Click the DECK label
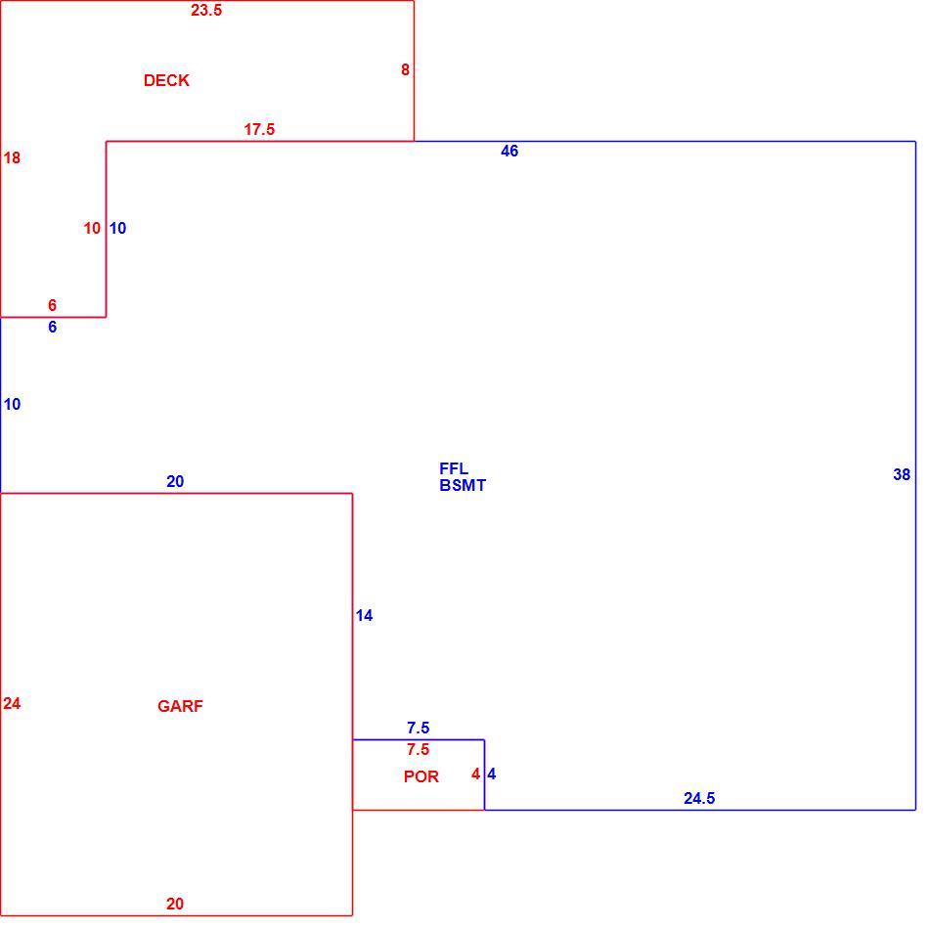(x=166, y=80)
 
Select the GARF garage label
(x=180, y=706)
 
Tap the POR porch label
(x=421, y=776)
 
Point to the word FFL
(x=454, y=468)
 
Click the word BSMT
(x=463, y=485)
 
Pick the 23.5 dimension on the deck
(x=206, y=10)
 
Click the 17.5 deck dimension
(x=259, y=129)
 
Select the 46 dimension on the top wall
(x=509, y=151)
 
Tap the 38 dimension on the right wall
(x=902, y=474)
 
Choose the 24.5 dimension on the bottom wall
(x=700, y=799)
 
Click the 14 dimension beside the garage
(x=365, y=615)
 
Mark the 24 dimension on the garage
(x=12, y=703)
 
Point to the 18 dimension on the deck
(x=12, y=157)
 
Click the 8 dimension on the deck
(x=405, y=69)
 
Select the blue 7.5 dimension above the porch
(x=419, y=728)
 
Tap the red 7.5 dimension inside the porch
(x=419, y=749)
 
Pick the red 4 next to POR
(x=476, y=774)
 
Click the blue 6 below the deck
(x=53, y=327)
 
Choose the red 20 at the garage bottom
(x=175, y=904)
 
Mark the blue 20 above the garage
(x=175, y=482)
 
